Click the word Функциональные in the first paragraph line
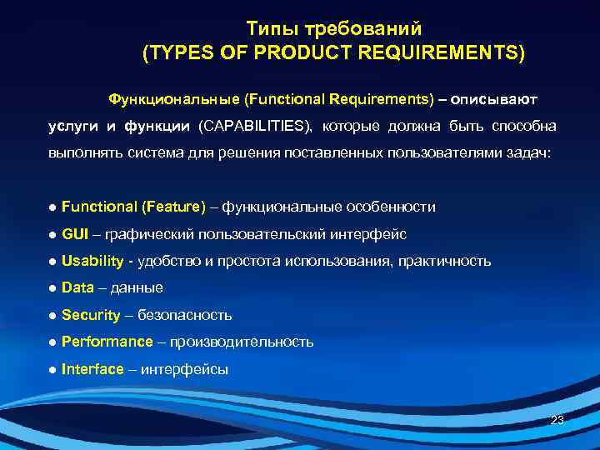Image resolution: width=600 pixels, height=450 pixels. tap(173, 99)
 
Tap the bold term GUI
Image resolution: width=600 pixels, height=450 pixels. tap(75, 233)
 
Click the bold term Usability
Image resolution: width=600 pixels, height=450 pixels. tap(92, 261)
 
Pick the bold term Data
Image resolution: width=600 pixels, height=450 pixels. tap(77, 287)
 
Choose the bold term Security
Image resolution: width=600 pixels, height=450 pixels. tap(91, 315)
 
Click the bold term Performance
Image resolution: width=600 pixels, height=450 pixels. tap(107, 342)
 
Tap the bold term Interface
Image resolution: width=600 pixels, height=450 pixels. tap(92, 369)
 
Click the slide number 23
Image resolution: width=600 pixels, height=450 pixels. tap(557, 420)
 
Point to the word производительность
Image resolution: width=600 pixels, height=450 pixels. tap(242, 342)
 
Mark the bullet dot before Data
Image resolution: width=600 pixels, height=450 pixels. tap(52, 288)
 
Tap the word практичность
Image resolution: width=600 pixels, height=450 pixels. tap(445, 261)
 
